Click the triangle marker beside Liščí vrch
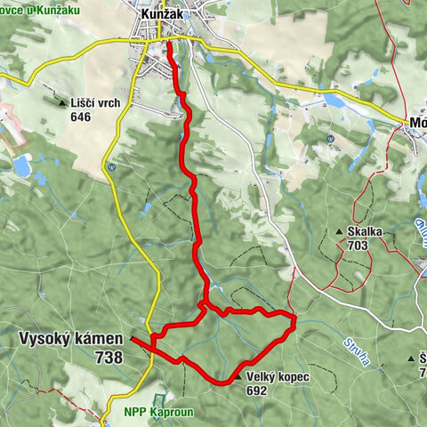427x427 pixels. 62,102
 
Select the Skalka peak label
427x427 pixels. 365,232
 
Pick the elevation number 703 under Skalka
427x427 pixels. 359,246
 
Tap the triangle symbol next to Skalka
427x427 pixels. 340,233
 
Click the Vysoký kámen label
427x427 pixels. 71,338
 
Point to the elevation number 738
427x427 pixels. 107,356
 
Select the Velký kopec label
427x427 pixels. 280,377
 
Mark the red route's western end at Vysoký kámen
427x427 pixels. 132,338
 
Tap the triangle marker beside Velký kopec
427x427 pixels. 240,378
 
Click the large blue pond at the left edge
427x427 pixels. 22,165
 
